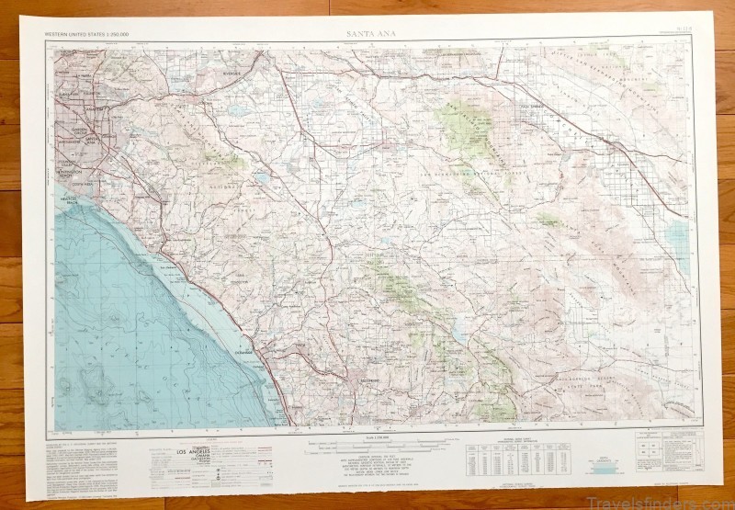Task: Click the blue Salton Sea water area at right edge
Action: click(x=681, y=234)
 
